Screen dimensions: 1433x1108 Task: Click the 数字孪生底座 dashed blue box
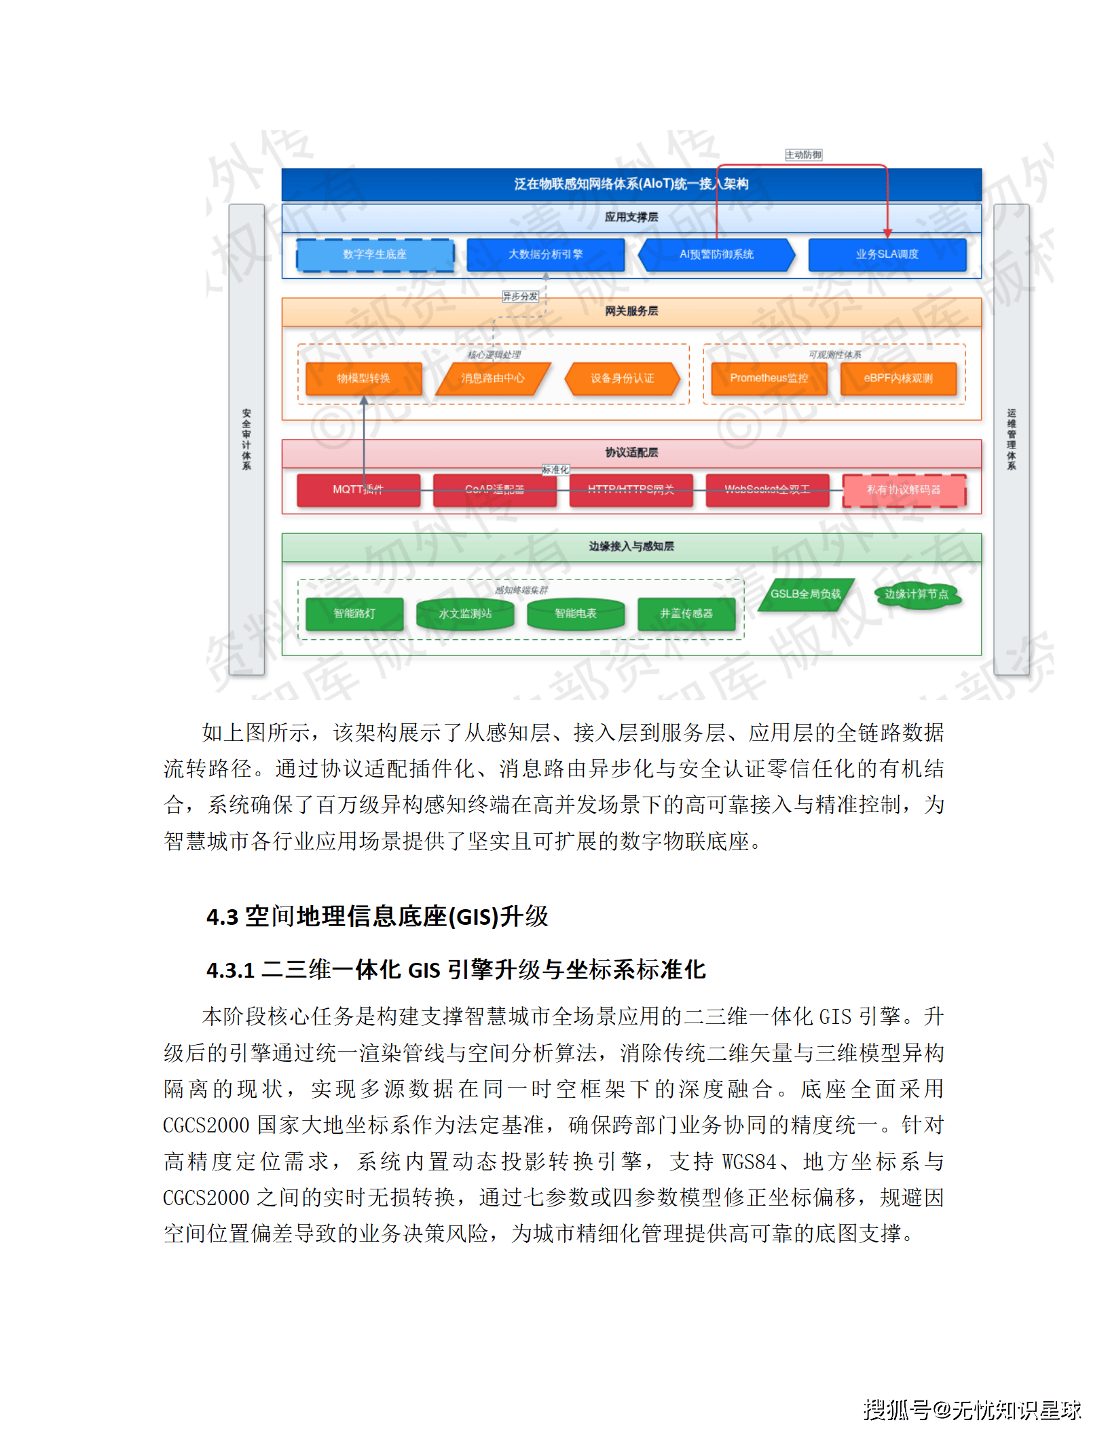click(x=375, y=255)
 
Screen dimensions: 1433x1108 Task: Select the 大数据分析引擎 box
click(x=545, y=255)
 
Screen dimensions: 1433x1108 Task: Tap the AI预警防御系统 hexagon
click(x=716, y=255)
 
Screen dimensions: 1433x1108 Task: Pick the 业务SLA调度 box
click(x=887, y=255)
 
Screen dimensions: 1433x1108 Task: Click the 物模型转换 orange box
click(x=363, y=379)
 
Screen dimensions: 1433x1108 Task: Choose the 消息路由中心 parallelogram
click(x=493, y=379)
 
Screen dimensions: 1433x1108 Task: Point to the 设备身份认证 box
click(x=622, y=379)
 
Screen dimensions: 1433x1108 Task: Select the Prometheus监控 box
click(x=769, y=379)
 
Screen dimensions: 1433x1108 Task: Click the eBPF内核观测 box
click(x=898, y=379)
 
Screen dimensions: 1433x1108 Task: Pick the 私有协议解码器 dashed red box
click(x=904, y=490)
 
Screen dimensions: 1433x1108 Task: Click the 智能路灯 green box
click(x=354, y=614)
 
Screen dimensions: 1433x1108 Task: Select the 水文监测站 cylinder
click(x=465, y=614)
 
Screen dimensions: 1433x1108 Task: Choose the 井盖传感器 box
click(x=686, y=614)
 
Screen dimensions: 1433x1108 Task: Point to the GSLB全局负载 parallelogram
click(x=805, y=594)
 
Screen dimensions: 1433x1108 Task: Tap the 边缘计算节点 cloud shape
click(x=917, y=594)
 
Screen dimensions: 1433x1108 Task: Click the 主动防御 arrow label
click(x=803, y=155)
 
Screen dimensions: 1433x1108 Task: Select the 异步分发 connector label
click(x=520, y=297)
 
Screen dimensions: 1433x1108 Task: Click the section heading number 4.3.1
click(x=230, y=970)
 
